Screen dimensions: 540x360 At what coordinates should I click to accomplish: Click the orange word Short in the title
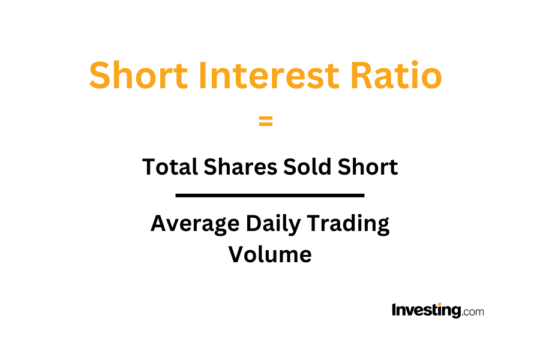tap(139, 75)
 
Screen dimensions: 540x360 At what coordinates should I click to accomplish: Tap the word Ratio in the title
tap(396, 75)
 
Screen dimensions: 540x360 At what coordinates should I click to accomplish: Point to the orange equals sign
tap(266, 121)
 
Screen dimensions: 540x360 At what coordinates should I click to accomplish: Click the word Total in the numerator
tap(170, 167)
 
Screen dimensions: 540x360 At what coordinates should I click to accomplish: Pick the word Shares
tap(241, 167)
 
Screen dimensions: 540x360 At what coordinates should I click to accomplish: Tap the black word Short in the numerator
tap(367, 167)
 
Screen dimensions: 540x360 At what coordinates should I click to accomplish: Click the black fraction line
tap(269, 196)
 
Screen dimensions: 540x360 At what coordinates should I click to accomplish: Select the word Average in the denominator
tap(195, 224)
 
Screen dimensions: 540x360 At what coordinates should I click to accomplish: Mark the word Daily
tap(273, 224)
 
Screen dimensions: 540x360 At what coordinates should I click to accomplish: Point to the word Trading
tap(348, 224)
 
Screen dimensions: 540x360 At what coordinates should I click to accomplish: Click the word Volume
tap(270, 254)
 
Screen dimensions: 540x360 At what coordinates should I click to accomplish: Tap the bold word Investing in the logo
tap(427, 310)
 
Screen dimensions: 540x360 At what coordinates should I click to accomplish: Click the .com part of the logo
tap(473, 312)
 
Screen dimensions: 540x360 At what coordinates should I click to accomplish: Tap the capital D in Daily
tap(253, 224)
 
